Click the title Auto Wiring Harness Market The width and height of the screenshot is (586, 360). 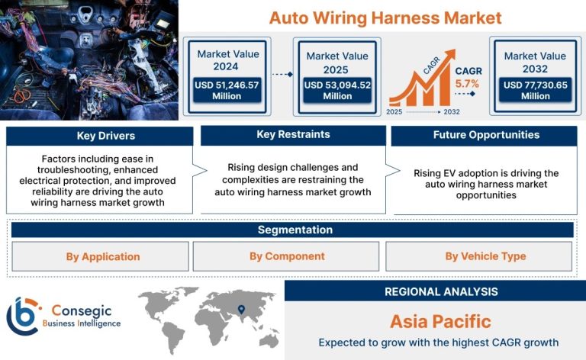[385, 18]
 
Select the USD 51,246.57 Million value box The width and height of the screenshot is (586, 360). [227, 90]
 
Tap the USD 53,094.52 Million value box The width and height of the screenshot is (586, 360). [337, 90]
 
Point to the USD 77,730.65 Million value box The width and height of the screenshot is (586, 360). [536, 90]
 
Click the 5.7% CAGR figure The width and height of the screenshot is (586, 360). [467, 84]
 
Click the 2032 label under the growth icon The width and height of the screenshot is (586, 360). [452, 111]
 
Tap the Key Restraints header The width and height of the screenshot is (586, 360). [293, 135]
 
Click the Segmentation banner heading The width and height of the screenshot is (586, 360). [295, 230]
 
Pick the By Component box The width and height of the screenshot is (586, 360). [286, 256]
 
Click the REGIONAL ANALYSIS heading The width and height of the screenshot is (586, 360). [441, 291]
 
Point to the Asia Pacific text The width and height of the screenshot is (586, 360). [440, 321]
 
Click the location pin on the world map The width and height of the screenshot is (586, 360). [241, 310]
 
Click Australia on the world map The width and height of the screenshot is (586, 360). [269, 341]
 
